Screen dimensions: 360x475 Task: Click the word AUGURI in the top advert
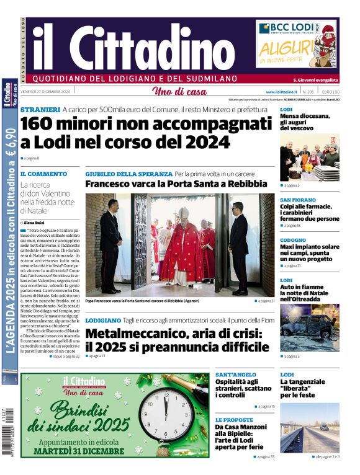(285, 47)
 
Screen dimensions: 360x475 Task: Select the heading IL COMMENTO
(43, 174)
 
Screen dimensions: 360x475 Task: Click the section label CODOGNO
(293, 240)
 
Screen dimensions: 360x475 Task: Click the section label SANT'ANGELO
(236, 375)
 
